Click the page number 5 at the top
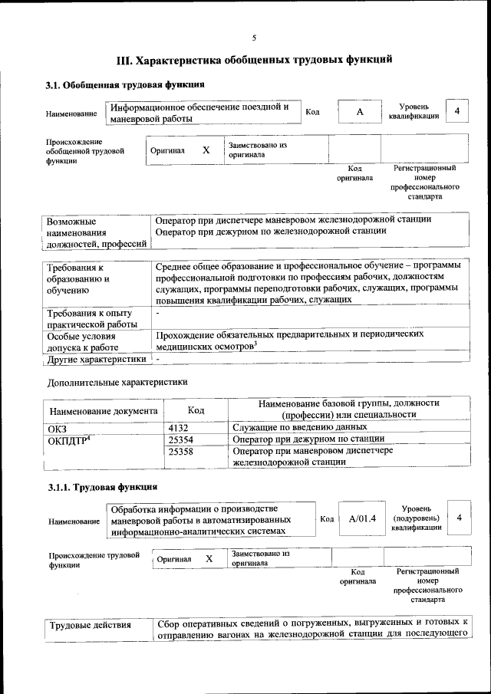(254, 38)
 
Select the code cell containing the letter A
(358, 112)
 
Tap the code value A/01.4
(362, 519)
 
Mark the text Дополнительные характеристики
(117, 381)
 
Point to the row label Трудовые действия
(91, 626)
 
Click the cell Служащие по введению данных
(295, 427)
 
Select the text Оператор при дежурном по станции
(308, 439)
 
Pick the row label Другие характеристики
(97, 358)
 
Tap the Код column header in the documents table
(196, 411)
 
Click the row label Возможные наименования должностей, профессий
(96, 232)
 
